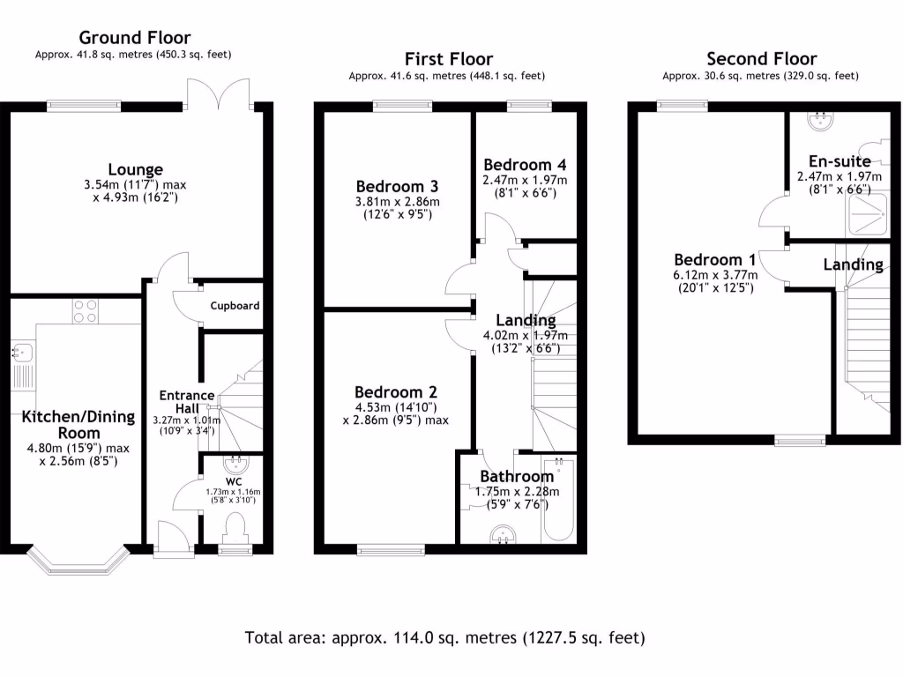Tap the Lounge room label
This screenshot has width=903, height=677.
(x=136, y=169)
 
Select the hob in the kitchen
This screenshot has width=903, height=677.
(x=85, y=311)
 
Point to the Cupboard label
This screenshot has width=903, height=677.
(x=235, y=306)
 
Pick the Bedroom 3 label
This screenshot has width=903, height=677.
(x=397, y=186)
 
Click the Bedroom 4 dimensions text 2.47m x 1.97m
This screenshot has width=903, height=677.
(x=525, y=180)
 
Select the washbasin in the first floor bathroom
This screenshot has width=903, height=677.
(x=504, y=534)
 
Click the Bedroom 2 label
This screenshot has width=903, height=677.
(x=396, y=392)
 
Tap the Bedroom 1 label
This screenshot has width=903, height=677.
(x=715, y=260)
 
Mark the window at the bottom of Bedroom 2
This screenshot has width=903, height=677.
(x=385, y=550)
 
